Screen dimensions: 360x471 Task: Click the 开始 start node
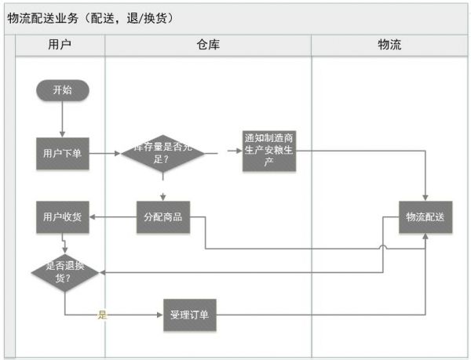pyautogui.click(x=62, y=89)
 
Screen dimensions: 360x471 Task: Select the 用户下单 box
pyautogui.click(x=62, y=153)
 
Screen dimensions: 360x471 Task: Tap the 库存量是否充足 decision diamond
pyautogui.click(x=162, y=153)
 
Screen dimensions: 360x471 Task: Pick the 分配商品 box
pyautogui.click(x=163, y=216)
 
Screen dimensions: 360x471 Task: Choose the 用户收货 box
pyautogui.click(x=62, y=216)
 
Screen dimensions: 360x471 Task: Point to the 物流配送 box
pyautogui.click(x=425, y=216)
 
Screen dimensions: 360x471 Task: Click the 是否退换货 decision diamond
pyautogui.click(x=64, y=271)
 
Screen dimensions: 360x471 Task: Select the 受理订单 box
pyautogui.click(x=189, y=315)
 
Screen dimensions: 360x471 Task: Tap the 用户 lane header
pyautogui.click(x=60, y=45)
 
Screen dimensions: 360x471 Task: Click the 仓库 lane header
pyautogui.click(x=208, y=45)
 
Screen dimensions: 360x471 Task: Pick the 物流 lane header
pyautogui.click(x=389, y=45)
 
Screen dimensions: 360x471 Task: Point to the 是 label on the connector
pyautogui.click(x=102, y=315)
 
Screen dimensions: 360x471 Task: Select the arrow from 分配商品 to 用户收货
pyautogui.click(x=113, y=217)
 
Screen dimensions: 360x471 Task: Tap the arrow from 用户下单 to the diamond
pyautogui.click(x=104, y=153)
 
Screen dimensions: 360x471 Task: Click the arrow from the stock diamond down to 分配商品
pyautogui.click(x=163, y=189)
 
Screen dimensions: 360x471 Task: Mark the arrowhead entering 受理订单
pyautogui.click(x=159, y=315)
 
